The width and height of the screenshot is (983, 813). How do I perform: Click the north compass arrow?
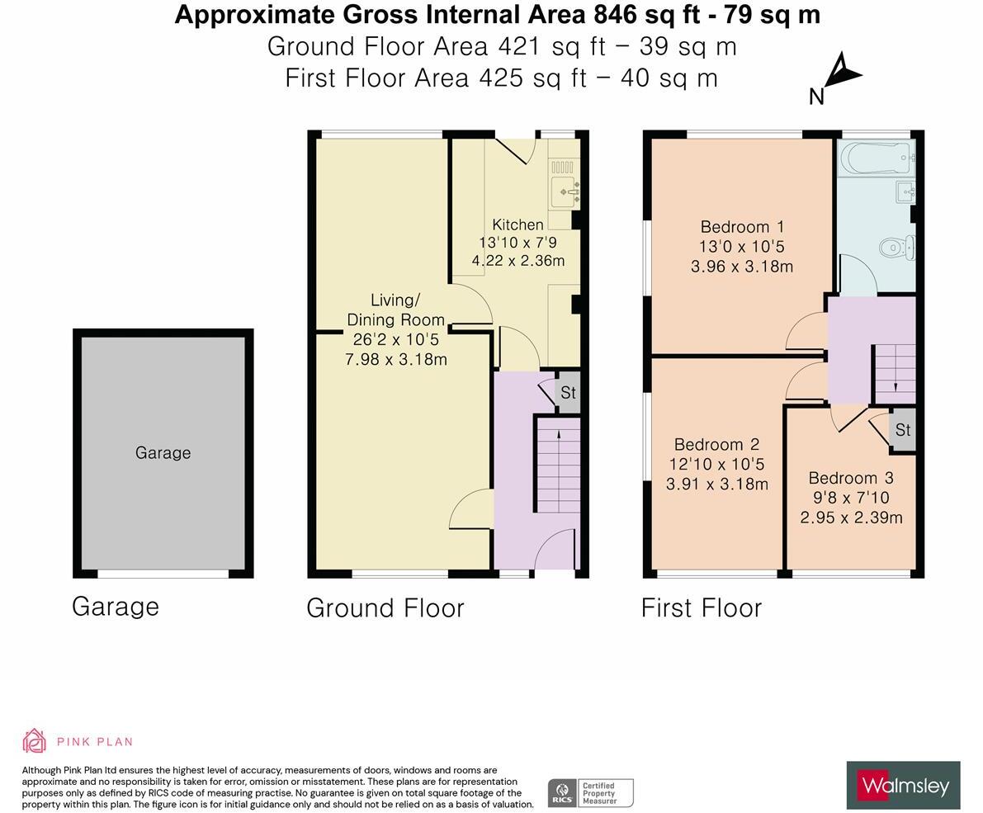tap(841, 73)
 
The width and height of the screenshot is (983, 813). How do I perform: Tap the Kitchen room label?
tap(517, 225)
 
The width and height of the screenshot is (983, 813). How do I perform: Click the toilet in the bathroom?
tap(897, 247)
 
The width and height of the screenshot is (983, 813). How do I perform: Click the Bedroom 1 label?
tap(742, 226)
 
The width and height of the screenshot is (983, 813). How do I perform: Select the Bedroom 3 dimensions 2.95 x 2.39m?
tap(851, 518)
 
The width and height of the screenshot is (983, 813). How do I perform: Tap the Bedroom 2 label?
tap(716, 444)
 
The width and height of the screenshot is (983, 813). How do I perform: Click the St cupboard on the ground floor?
tap(567, 393)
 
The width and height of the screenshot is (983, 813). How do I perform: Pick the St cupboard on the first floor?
tap(902, 430)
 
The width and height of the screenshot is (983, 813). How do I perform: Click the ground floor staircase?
tap(558, 466)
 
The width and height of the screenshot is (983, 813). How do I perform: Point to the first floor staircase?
tap(895, 372)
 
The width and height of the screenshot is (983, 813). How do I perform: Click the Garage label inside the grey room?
tap(163, 452)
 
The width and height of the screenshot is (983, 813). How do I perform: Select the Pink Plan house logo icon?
tap(34, 740)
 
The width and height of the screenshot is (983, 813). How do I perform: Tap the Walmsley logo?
tap(903, 785)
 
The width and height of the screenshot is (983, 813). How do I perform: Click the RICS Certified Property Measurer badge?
tap(590, 792)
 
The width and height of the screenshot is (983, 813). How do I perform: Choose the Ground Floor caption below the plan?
tap(385, 607)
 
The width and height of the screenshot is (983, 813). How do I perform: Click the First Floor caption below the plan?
tap(701, 607)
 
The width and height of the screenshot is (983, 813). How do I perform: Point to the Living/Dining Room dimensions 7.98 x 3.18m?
tap(395, 359)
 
